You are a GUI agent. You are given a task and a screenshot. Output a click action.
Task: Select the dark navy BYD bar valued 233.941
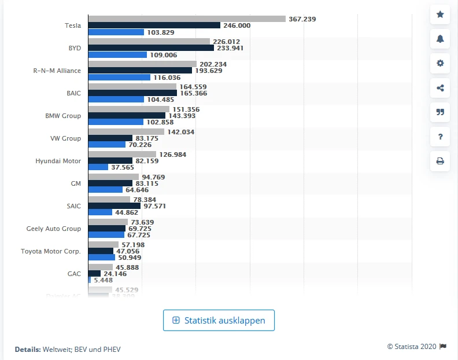[151, 48]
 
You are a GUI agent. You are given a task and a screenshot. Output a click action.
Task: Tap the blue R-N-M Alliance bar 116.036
[119, 77]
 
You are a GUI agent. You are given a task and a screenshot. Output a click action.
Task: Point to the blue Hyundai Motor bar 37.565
[98, 167]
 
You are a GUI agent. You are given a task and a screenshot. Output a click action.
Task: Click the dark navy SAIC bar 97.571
[114, 205]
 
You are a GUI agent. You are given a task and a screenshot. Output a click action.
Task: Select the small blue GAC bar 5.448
[90, 280]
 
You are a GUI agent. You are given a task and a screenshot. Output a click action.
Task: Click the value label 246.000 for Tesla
[237, 25]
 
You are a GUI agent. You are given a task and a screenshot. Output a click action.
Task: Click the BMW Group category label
[63, 116]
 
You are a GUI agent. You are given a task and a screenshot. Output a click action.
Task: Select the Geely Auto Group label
[54, 229]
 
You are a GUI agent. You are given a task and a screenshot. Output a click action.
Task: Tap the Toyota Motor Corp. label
[51, 251]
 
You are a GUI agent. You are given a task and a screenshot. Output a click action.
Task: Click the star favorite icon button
[440, 14]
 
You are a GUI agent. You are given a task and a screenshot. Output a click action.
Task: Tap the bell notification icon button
[440, 39]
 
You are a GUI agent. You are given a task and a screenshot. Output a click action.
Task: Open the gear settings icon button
[440, 63]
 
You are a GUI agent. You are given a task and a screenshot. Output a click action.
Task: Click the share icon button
[440, 88]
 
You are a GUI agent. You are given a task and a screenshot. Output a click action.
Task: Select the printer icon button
[440, 161]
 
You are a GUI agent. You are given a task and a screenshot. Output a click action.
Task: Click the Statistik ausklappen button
[219, 320]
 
